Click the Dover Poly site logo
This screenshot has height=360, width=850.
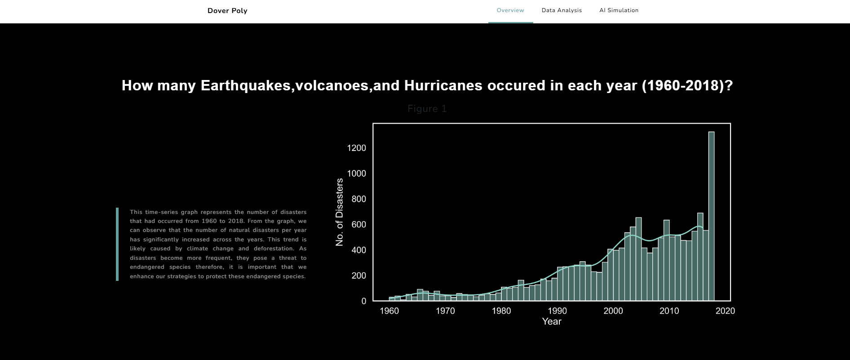click(x=227, y=11)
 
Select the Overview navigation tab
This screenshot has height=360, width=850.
click(x=510, y=10)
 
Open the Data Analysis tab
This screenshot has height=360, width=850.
click(x=562, y=10)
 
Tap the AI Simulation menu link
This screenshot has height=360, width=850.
click(x=619, y=10)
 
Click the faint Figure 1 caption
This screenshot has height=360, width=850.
click(x=427, y=109)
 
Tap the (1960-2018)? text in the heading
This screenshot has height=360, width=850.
click(x=687, y=85)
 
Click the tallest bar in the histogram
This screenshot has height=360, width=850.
click(x=711, y=216)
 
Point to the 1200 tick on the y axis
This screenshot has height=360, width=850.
click(x=356, y=148)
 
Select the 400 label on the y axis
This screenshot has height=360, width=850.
click(x=359, y=250)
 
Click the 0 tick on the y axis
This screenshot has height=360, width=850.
click(x=364, y=301)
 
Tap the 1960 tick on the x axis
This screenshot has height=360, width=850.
click(x=389, y=311)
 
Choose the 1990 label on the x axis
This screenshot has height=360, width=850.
click(x=557, y=311)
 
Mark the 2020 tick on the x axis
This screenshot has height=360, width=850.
click(x=725, y=311)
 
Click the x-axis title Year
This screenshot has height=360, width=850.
click(x=552, y=321)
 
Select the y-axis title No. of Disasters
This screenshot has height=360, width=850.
click(x=339, y=212)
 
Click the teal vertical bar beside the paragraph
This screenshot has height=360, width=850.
click(x=117, y=244)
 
